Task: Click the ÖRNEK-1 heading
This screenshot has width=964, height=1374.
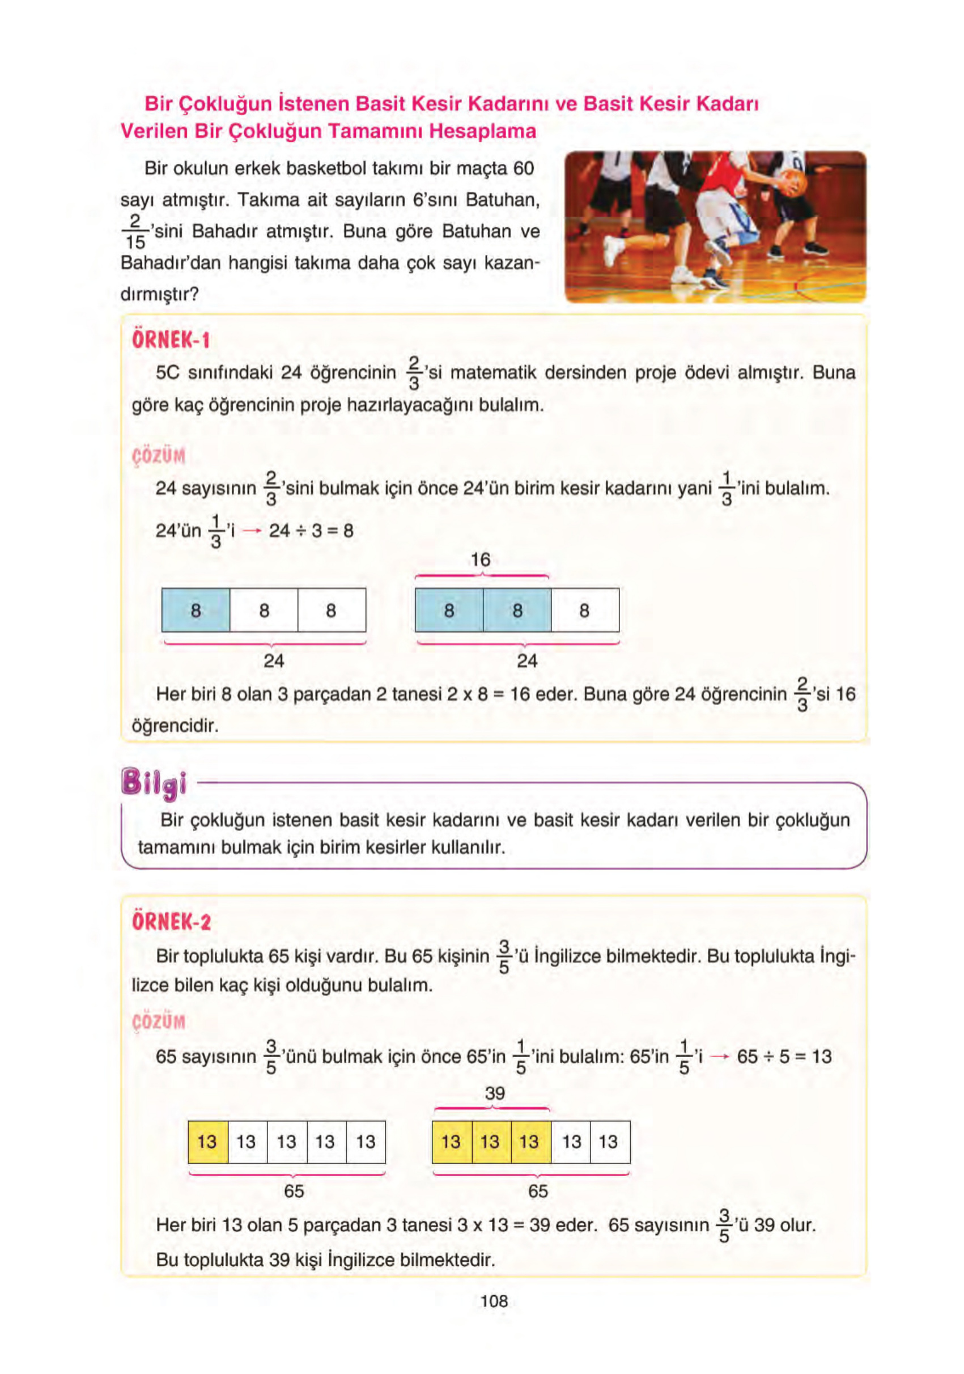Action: [171, 340]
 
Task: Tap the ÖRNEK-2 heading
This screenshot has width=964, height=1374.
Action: [171, 922]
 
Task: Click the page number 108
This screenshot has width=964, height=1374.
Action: [494, 1301]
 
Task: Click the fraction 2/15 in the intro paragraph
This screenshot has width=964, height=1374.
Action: [135, 232]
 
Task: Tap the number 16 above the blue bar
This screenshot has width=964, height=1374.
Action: [480, 560]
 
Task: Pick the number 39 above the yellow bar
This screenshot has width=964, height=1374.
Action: [494, 1093]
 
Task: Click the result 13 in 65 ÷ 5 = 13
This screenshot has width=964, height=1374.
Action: [822, 1056]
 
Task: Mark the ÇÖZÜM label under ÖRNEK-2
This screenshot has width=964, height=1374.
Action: [159, 1021]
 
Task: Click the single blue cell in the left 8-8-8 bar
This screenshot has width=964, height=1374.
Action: [196, 610]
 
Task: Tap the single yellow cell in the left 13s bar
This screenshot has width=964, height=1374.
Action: [207, 1142]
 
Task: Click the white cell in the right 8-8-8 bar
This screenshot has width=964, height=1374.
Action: [585, 610]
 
